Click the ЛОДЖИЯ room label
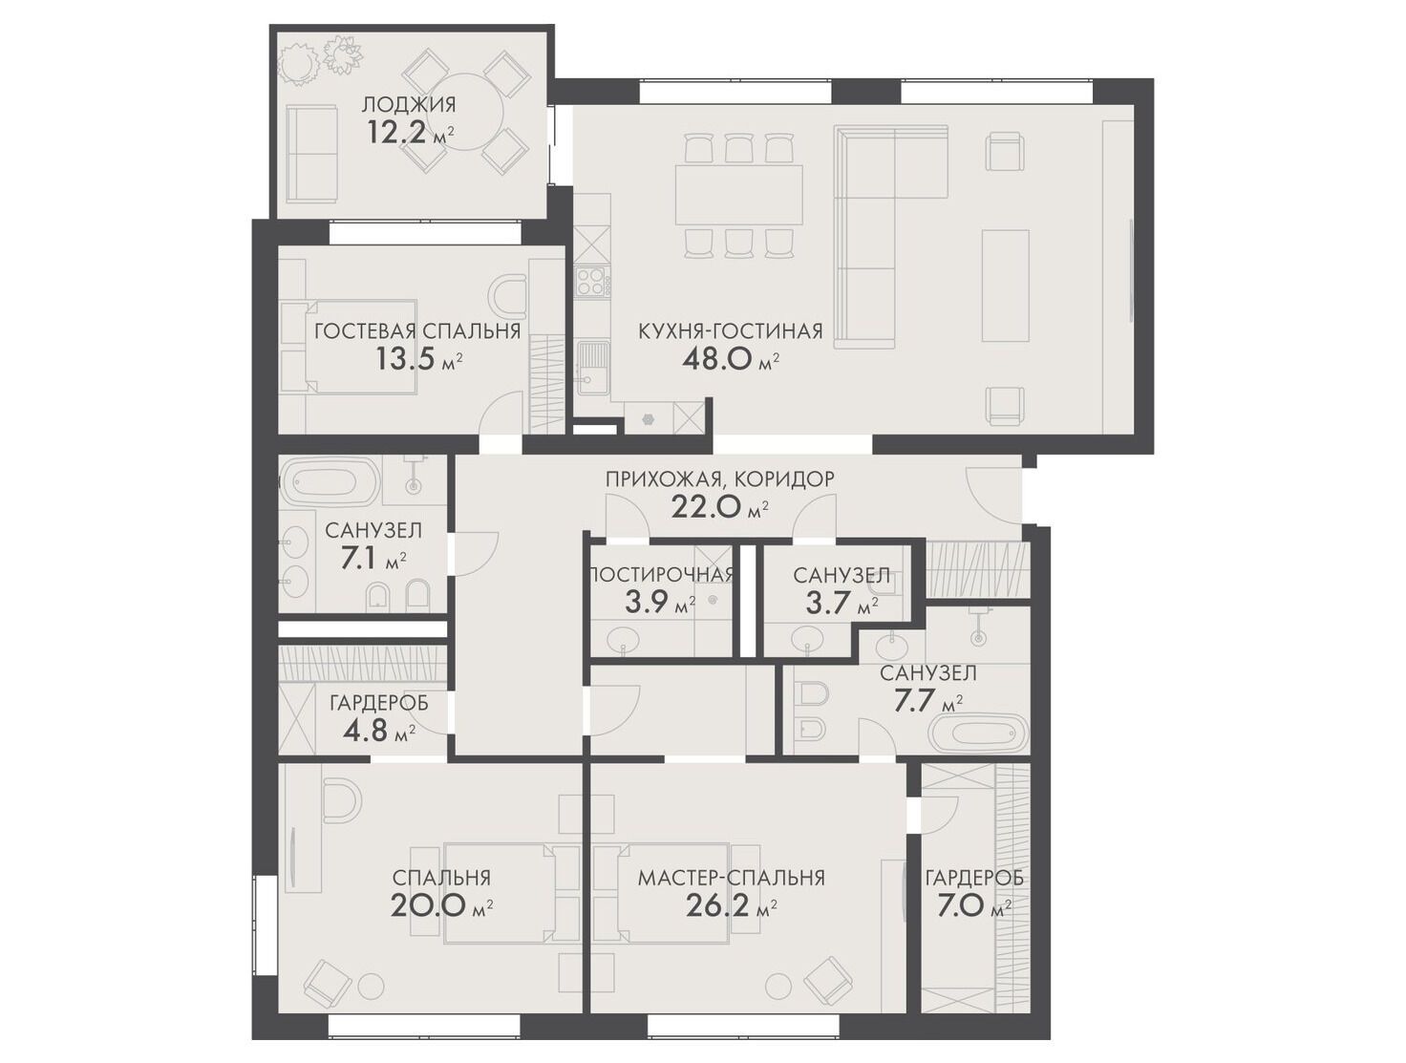point(408,104)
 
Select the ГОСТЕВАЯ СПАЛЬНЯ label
point(417,331)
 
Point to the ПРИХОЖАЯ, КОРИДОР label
point(719,478)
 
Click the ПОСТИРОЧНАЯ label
point(660,574)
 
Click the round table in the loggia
point(464,112)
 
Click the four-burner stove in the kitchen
point(592,282)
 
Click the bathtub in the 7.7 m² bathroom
point(979,733)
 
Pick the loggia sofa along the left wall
point(311,154)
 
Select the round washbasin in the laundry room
point(623,638)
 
